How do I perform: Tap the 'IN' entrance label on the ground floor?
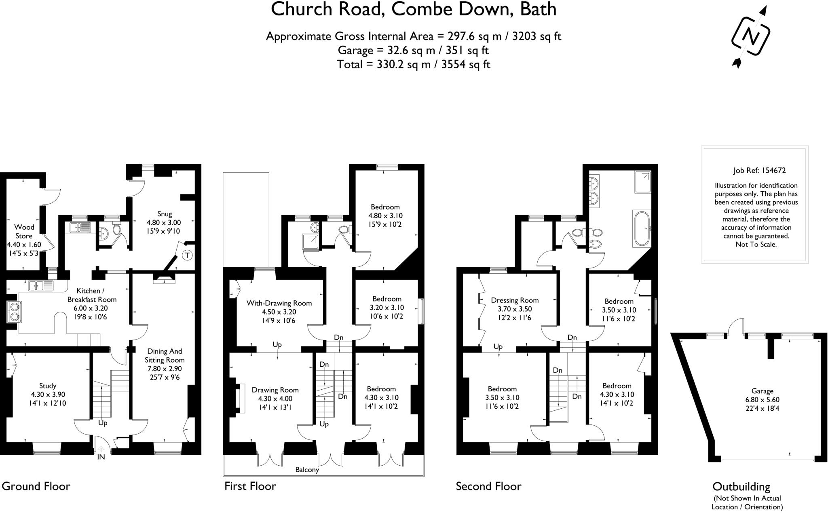click(101, 457)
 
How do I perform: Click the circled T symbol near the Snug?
click(187, 255)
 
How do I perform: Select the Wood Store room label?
click(24, 231)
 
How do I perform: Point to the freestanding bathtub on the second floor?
click(642, 228)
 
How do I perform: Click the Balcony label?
click(307, 470)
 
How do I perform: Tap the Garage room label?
click(762, 391)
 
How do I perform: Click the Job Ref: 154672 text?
click(759, 171)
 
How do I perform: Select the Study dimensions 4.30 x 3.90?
click(48, 395)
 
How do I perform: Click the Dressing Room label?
click(515, 300)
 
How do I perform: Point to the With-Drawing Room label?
click(279, 303)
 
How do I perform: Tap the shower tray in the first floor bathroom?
click(310, 241)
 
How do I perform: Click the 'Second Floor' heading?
click(488, 486)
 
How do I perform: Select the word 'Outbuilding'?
click(741, 486)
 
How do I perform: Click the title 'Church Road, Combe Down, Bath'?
click(413, 10)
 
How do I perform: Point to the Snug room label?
click(165, 214)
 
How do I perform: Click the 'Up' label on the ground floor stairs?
click(103, 423)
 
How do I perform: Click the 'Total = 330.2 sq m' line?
click(413, 64)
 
